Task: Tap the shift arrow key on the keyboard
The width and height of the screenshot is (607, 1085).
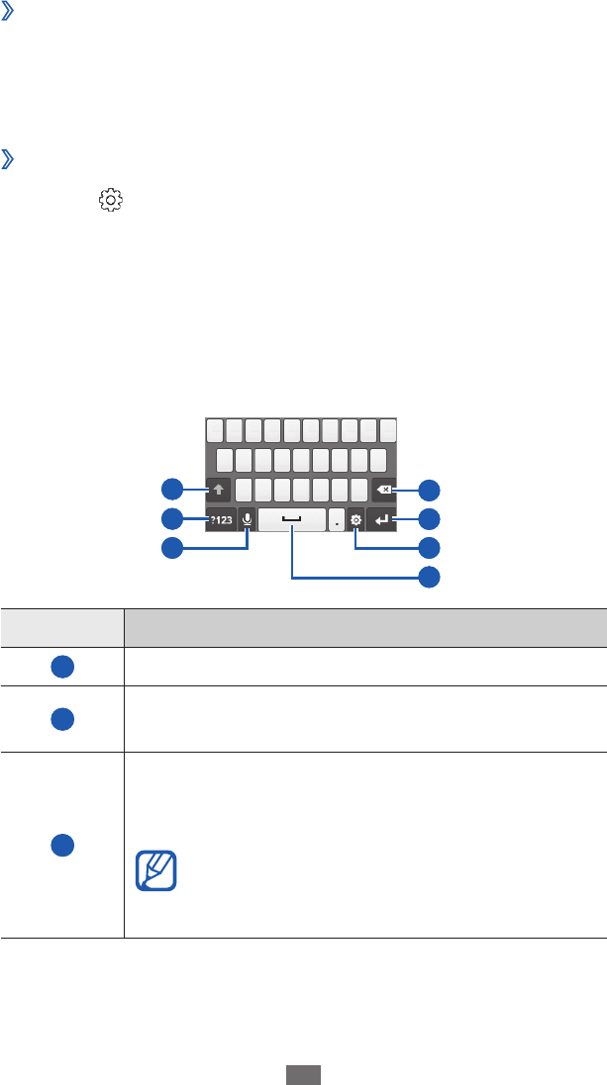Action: (219, 488)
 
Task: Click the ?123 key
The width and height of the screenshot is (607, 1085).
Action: (221, 519)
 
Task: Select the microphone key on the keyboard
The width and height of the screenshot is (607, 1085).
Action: (247, 519)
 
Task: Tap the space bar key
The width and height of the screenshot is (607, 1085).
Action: (292, 519)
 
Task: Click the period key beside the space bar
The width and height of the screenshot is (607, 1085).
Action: (337, 519)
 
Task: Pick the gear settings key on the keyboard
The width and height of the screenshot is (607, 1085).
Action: (354, 519)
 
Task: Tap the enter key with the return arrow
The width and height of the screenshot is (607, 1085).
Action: (380, 519)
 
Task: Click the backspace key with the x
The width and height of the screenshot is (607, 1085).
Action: (383, 489)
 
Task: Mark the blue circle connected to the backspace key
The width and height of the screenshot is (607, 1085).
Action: (429, 489)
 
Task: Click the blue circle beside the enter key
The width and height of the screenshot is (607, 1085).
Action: (429, 518)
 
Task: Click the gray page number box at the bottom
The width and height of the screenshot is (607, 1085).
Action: (303, 1074)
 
